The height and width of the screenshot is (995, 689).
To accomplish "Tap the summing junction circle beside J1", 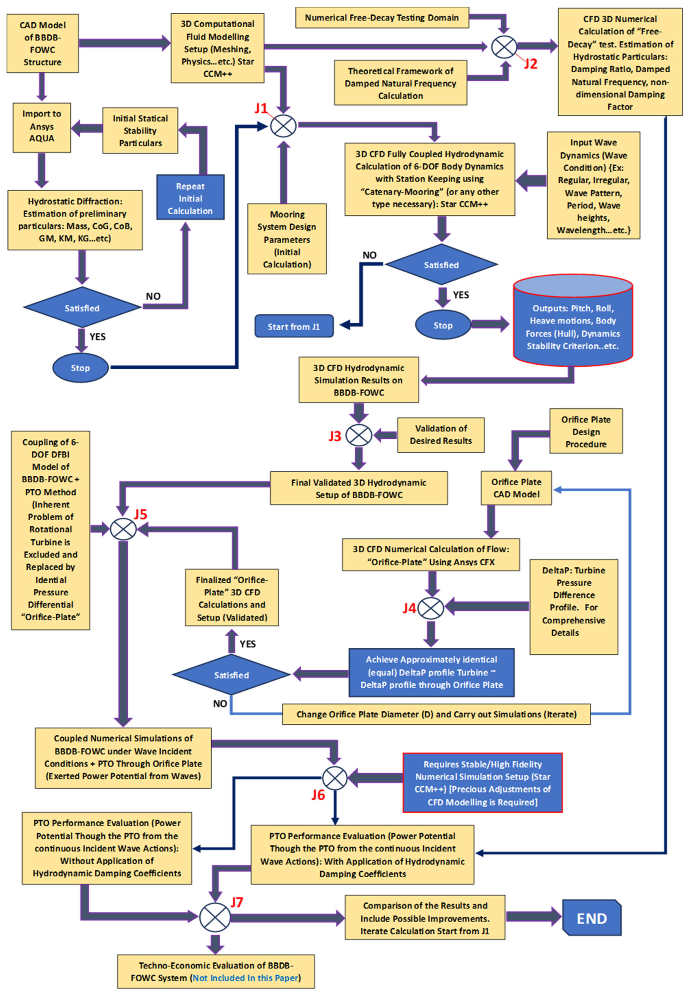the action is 283,126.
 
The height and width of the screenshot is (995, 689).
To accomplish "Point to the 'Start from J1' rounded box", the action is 294,326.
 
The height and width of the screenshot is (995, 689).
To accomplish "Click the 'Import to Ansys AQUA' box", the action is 42,127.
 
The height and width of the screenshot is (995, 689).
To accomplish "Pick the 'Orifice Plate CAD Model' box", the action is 516,488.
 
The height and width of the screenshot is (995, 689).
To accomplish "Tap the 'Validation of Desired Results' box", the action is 441,435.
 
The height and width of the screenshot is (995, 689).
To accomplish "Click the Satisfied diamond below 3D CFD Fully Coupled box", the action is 441,264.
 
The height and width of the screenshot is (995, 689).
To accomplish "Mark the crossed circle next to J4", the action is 431,607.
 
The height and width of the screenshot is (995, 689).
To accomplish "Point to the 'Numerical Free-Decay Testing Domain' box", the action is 382,18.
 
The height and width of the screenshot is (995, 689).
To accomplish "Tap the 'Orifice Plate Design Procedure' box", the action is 586,431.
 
